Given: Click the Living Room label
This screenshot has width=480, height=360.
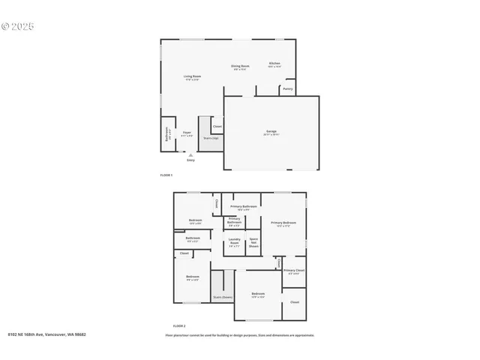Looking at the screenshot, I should (193, 77).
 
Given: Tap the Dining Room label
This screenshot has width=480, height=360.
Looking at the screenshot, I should (239, 67).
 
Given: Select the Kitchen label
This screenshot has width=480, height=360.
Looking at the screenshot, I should (274, 64).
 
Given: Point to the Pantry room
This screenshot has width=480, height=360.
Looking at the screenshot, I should (287, 89).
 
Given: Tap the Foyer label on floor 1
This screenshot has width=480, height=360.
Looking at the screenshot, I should (187, 134).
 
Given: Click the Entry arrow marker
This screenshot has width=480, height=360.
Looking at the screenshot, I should (190, 156).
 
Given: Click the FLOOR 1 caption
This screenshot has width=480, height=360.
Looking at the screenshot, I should (166, 175).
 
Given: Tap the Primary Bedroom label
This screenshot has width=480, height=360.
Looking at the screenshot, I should (283, 223).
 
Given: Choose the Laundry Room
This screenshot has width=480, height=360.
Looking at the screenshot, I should (234, 242).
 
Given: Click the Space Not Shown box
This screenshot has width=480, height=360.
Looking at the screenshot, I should (253, 242).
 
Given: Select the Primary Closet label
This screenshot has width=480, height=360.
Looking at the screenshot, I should (294, 271).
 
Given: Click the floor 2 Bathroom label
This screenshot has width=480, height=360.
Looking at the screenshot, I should (193, 239).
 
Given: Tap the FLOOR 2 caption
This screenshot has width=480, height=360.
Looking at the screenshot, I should (178, 325).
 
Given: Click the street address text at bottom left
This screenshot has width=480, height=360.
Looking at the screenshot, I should (46, 334).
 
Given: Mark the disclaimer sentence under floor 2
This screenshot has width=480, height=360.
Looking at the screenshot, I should (239, 335).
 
